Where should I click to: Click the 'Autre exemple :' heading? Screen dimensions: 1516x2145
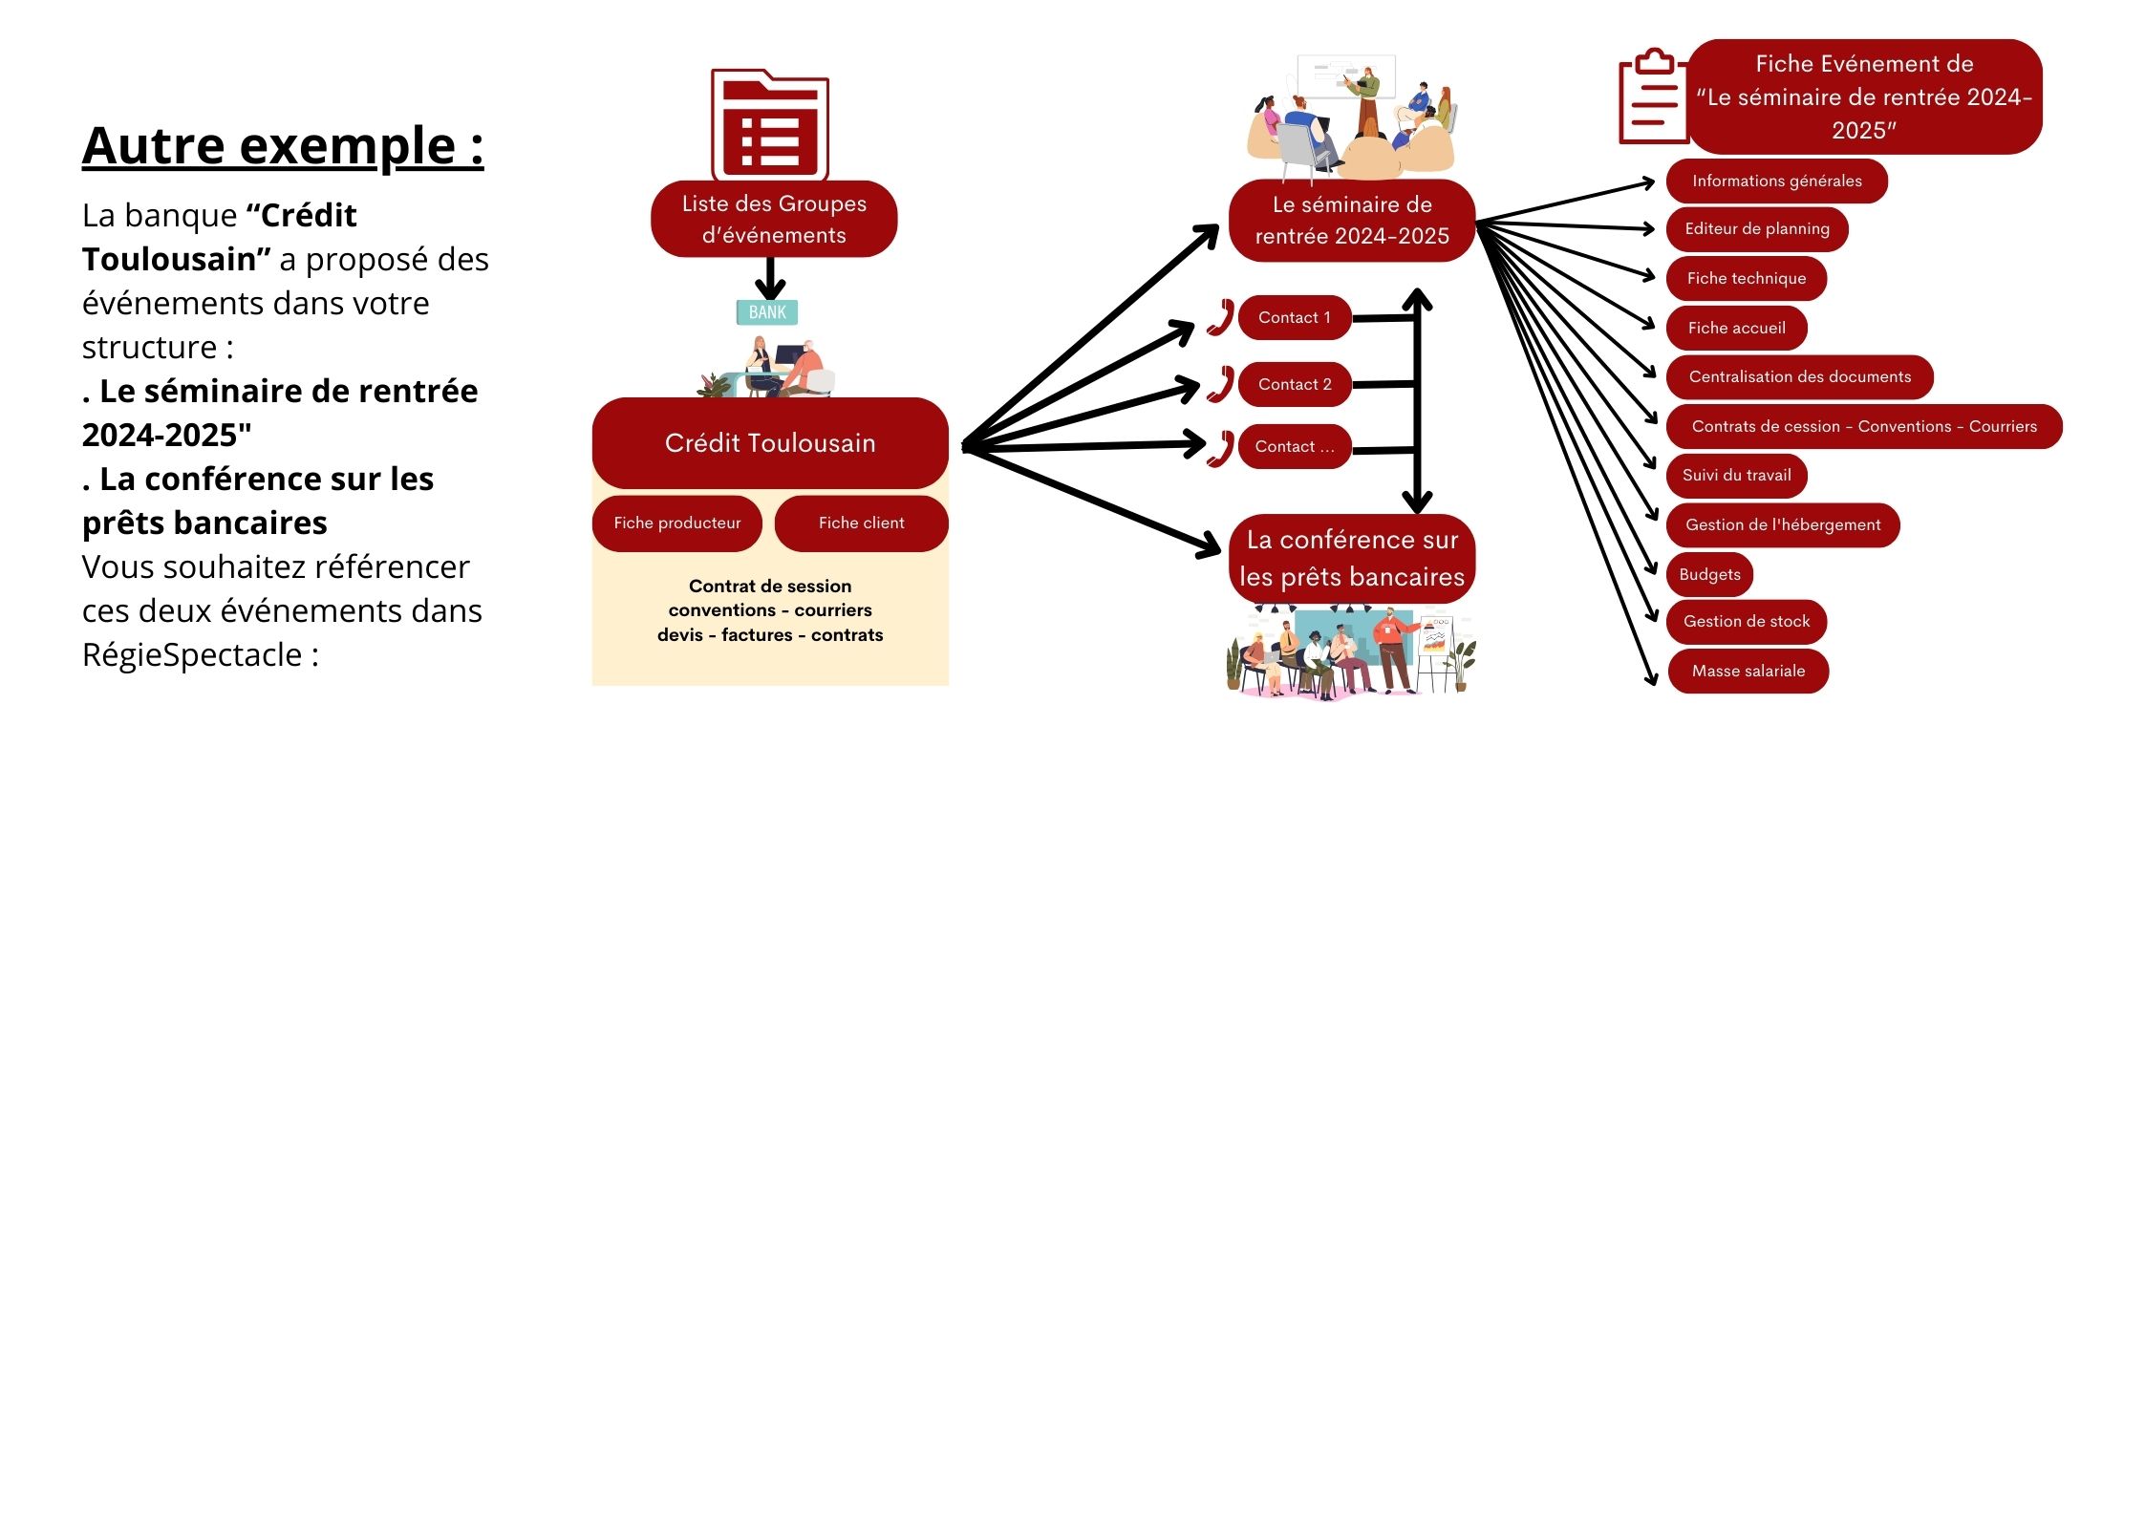click(283, 146)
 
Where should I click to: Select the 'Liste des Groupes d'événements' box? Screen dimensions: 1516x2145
click(774, 219)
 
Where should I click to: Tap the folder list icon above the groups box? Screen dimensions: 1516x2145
click(769, 123)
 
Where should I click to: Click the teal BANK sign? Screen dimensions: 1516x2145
click(767, 312)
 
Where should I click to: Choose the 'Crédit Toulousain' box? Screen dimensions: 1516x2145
click(770, 443)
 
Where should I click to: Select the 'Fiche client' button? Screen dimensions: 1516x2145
click(861, 523)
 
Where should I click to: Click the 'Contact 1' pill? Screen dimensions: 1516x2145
click(1295, 318)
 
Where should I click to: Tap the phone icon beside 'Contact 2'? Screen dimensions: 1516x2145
click(1220, 384)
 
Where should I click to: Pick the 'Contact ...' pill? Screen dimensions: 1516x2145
click(1295, 447)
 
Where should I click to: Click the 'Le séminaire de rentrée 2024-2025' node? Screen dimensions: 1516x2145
click(1352, 221)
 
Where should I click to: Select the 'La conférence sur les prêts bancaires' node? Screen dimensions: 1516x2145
click(1352, 559)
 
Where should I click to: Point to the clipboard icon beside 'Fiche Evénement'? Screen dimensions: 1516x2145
click(1652, 97)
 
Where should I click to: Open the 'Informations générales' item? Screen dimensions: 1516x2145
click(1776, 181)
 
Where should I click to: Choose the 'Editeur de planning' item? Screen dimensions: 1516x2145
click(1757, 229)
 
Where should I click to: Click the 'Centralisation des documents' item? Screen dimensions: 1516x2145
click(1799, 377)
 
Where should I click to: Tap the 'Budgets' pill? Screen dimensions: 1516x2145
click(1709, 575)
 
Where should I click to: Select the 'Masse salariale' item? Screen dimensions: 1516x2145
click(1748, 672)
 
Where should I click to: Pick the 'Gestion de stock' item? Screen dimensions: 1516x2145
click(1746, 622)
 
